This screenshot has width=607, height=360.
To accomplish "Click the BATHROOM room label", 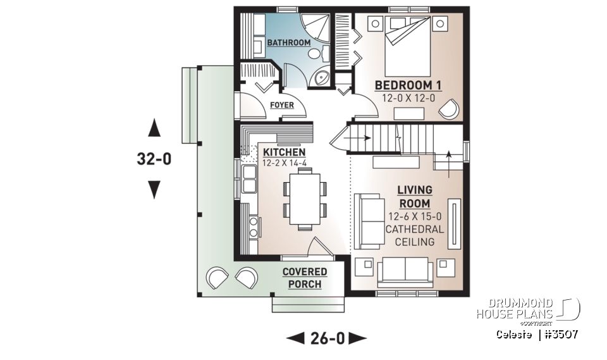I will [288, 42].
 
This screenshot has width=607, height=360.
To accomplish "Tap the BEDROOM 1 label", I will [408, 85].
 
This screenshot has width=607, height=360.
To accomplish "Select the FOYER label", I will [281, 104].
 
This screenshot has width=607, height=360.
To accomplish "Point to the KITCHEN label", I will [284, 152].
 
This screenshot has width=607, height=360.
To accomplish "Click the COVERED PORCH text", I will [305, 278].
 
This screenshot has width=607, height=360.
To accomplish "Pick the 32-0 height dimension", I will [154, 159].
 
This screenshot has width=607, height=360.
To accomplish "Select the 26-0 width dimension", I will [327, 338].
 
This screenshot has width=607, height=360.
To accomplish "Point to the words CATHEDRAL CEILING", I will [415, 235].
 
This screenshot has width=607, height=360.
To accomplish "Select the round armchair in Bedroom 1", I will [448, 109].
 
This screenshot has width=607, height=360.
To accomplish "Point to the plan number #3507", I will [560, 333].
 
